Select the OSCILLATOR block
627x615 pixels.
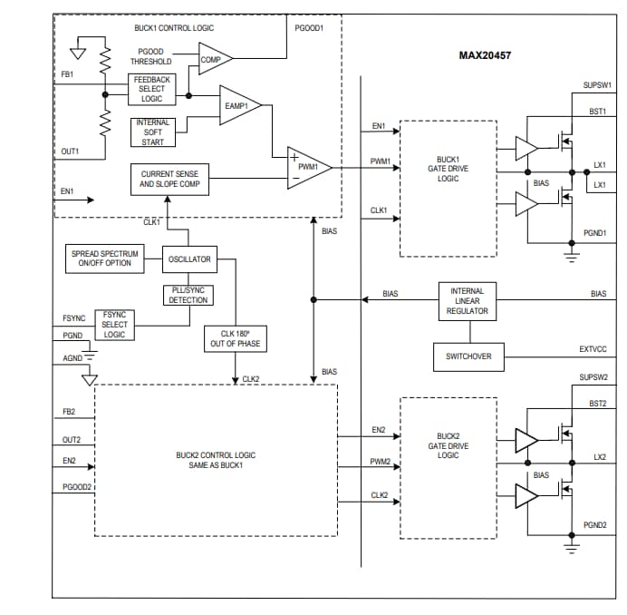189,259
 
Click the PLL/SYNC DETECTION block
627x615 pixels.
188,295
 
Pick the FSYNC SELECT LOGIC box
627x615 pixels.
114,325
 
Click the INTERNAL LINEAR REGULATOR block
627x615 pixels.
467,301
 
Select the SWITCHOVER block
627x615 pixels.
468,356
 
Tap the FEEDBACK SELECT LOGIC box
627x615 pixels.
151,89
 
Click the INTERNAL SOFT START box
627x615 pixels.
152,132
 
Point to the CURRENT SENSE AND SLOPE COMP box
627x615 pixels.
169,179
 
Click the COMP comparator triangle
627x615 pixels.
215,59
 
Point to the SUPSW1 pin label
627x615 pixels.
596,85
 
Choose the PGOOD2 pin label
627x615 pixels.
77,487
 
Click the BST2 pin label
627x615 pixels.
597,403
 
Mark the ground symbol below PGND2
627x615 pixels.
571,547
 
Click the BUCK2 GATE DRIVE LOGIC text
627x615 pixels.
448,445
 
